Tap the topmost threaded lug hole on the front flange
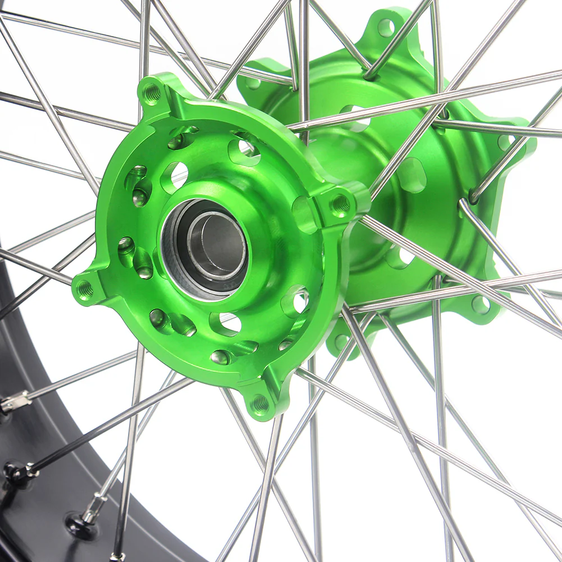click(x=152, y=93)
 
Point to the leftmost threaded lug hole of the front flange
click(x=85, y=289)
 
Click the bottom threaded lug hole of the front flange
click(x=260, y=403)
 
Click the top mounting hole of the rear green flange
click(x=386, y=26)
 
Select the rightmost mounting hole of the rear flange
click(x=506, y=142)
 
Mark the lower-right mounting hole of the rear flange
click(x=480, y=305)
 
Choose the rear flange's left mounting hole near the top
click(x=253, y=83)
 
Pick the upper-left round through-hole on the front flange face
click(x=175, y=176)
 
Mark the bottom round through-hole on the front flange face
click(x=227, y=323)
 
